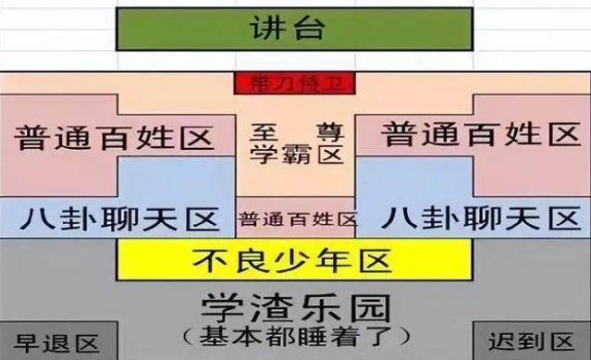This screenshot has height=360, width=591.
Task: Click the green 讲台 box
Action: [294, 29]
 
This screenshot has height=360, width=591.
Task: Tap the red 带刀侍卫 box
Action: [295, 83]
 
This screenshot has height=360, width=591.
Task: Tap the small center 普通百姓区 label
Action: [295, 220]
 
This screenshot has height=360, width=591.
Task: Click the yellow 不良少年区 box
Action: [294, 258]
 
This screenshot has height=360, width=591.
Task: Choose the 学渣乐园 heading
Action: [295, 304]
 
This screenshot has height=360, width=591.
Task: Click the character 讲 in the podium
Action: [269, 29]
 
